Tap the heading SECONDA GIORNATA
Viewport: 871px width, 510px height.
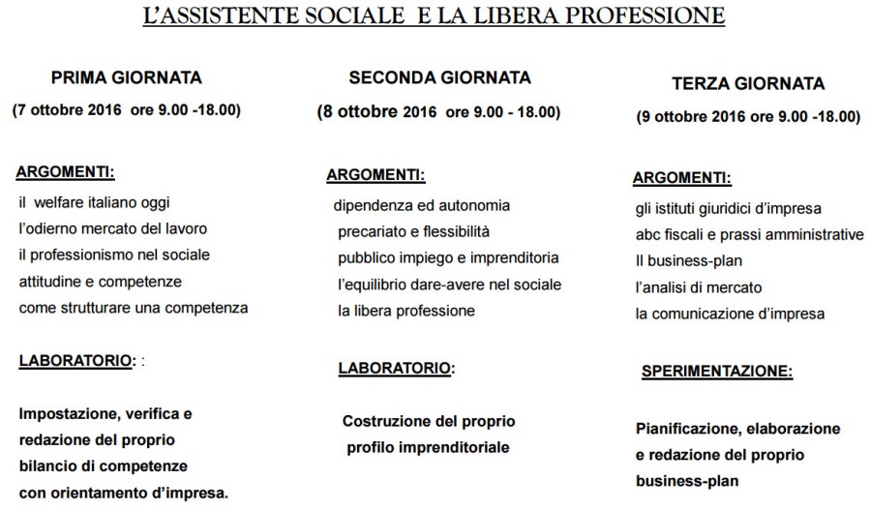[x=439, y=78]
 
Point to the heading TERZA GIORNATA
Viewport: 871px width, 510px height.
[x=748, y=84]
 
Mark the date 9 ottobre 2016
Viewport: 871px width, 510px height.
[x=693, y=116]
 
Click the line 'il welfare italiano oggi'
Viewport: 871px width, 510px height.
[x=100, y=202]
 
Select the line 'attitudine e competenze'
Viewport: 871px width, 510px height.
[x=100, y=281]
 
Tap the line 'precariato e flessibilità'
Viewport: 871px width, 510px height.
[x=414, y=232]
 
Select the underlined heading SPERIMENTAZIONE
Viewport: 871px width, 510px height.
[x=717, y=371]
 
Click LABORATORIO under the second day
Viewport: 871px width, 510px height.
[x=395, y=368]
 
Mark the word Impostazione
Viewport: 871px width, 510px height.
[x=65, y=413]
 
